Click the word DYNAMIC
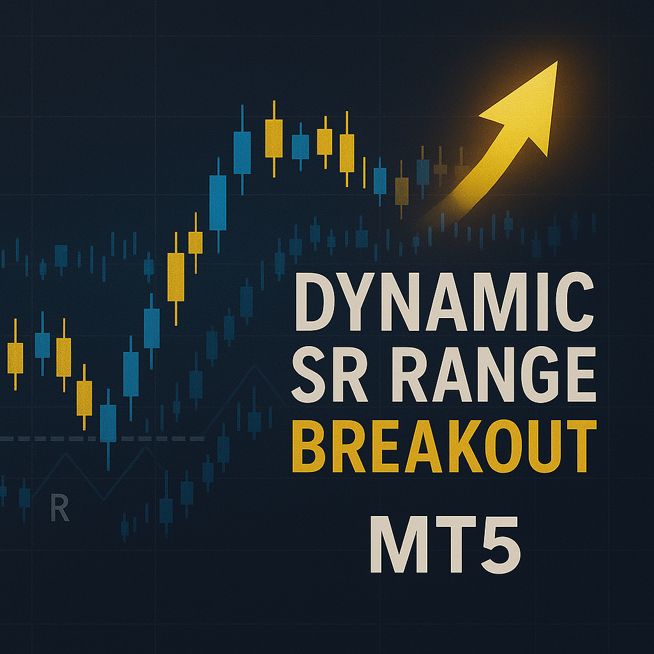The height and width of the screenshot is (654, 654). tap(445, 301)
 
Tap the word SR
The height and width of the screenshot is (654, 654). tap(330, 374)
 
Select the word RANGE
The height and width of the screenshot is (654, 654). tap(494, 374)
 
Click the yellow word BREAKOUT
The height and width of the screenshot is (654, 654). tap(445, 446)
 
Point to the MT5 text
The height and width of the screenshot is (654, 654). tap(445, 544)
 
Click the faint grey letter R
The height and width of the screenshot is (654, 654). tap(59, 508)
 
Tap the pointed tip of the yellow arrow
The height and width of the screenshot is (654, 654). tap(557, 61)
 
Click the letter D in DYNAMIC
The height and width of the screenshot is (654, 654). tap(315, 301)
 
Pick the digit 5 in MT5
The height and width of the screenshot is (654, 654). tap(501, 545)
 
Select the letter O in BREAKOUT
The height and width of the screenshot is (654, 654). tap(503, 446)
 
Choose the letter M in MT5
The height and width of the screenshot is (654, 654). tap(399, 545)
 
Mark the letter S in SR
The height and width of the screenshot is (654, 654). tap(308, 374)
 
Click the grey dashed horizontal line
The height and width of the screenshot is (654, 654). tap(102, 439)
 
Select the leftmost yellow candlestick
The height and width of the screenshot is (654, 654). tap(15, 354)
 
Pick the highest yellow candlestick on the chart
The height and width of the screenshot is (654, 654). tap(273, 139)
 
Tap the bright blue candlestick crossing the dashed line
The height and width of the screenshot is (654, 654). tap(108, 430)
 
